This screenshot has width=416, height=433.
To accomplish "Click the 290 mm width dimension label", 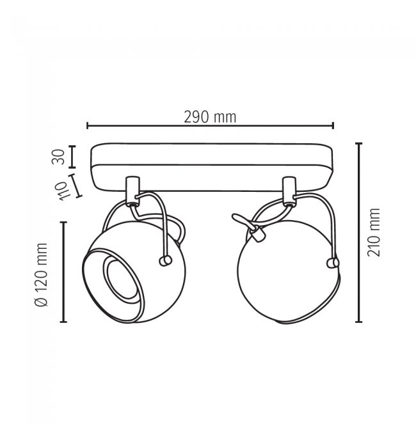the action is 210,117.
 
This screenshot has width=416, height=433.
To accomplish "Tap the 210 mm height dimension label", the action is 374,233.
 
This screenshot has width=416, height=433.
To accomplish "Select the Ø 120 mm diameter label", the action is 42,275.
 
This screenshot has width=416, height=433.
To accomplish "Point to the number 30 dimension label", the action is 58,157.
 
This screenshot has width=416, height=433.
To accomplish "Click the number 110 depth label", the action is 61,191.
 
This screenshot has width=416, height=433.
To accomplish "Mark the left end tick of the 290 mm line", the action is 87,125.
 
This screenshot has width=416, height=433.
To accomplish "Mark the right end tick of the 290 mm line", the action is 333,125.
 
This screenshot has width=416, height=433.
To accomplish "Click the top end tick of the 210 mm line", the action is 359,144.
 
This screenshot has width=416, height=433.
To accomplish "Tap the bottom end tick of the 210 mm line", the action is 359,322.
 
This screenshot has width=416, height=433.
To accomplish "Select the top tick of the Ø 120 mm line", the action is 63,223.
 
